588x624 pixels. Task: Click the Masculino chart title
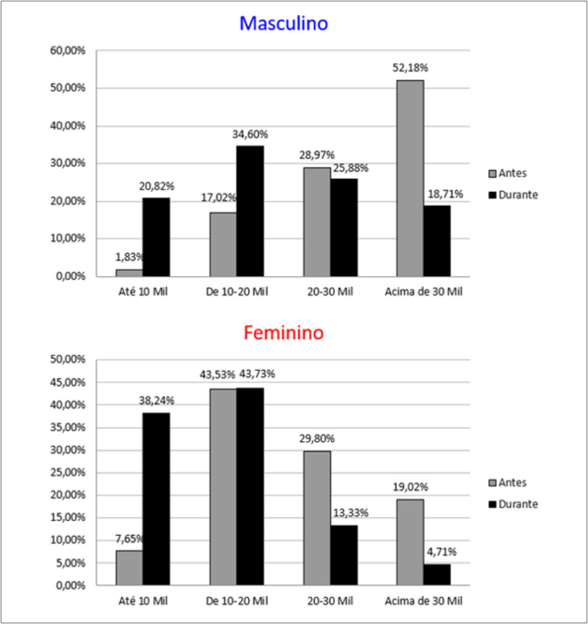[x=284, y=23]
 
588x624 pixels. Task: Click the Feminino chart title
[x=284, y=333]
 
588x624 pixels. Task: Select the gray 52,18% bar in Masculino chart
[x=410, y=179]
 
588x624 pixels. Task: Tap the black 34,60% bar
[x=250, y=211]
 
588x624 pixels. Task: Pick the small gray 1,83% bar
[x=129, y=273]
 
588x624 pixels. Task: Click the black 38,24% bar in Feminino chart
[x=157, y=499]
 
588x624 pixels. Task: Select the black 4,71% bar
[x=437, y=575]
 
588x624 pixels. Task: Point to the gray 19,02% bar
[x=410, y=542]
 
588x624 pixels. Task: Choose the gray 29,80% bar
[x=317, y=518]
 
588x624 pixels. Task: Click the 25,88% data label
[x=350, y=168]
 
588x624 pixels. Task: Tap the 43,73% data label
[x=257, y=374]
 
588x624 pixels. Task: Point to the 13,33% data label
[x=350, y=512]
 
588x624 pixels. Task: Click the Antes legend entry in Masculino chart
[x=508, y=173]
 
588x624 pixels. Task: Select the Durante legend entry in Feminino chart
[x=513, y=504]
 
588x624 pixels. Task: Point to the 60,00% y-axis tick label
[x=68, y=51]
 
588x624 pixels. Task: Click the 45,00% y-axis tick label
[x=68, y=383]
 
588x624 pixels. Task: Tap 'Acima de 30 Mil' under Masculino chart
[x=423, y=292]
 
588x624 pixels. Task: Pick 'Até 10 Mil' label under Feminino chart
[x=143, y=601]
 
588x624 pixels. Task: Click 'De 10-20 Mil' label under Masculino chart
[x=236, y=292]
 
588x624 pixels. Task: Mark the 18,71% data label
[x=445, y=194]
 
